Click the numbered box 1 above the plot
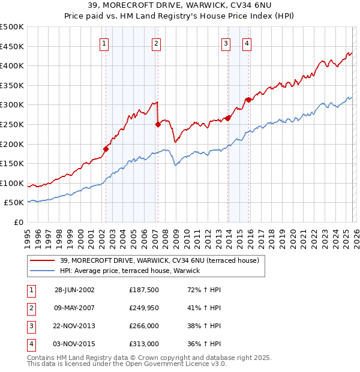point(104,43)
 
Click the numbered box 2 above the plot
point(156,43)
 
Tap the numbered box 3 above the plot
point(226,43)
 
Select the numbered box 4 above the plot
point(247,43)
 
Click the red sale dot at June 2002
point(106,149)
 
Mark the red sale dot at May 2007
point(158,125)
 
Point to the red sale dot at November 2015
point(248,100)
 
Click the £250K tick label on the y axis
point(12,124)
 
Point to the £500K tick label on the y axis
point(12,27)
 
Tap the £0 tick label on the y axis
point(18,222)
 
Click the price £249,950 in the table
point(144,307)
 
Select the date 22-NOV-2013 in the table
point(74,326)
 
